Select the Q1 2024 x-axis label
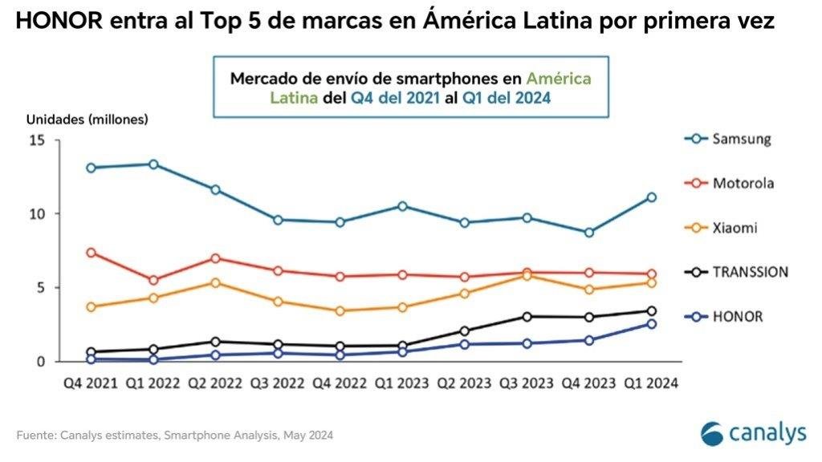pos(652,383)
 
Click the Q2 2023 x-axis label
pos(465,383)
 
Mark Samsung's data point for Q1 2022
pos(153,164)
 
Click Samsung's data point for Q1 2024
pos(652,197)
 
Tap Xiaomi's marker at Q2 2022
pos(215,282)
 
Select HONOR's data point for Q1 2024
pos(652,324)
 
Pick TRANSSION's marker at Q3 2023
pos(527,317)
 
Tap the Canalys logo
pos(752,433)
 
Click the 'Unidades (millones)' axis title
pos(87,119)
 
